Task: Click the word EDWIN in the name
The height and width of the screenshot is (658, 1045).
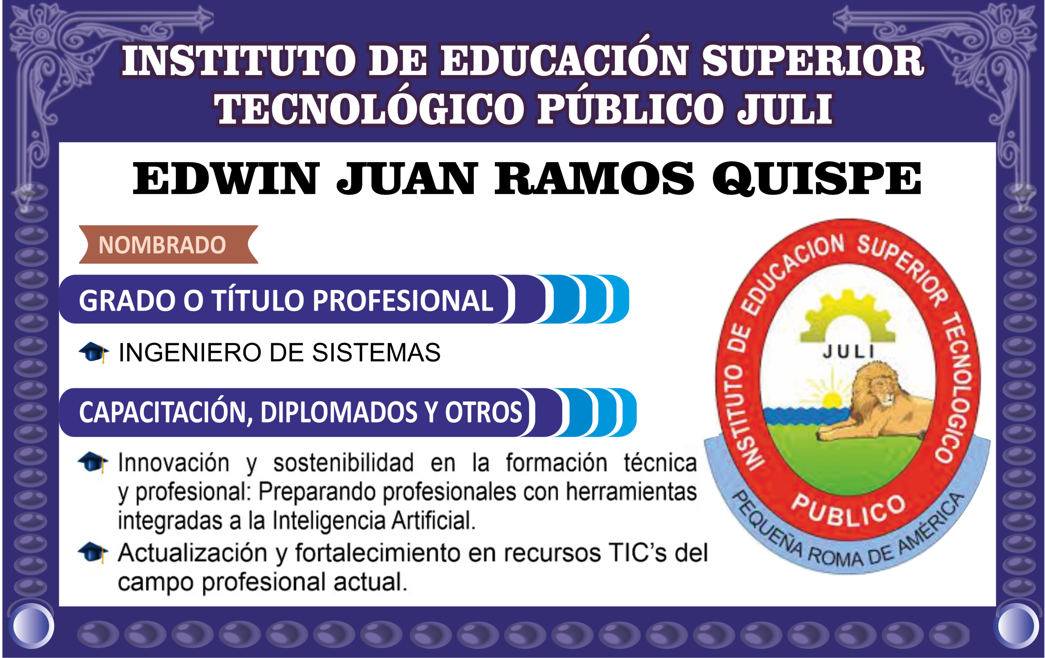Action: [x=226, y=178]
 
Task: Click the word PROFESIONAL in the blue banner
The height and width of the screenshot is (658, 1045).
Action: [x=403, y=300]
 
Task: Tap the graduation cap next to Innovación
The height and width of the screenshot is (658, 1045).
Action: [x=93, y=462]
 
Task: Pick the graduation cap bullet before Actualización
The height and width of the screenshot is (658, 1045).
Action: [x=93, y=552]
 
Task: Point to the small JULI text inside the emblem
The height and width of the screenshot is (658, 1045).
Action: [x=849, y=351]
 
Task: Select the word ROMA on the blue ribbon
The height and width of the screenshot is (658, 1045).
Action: [x=835, y=557]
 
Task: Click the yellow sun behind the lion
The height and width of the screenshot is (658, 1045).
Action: [x=832, y=401]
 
